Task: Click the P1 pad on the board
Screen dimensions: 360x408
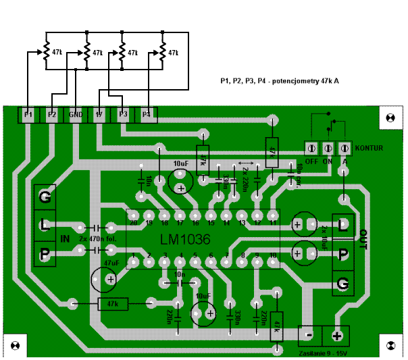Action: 28,115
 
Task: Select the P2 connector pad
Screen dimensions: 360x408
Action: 52,115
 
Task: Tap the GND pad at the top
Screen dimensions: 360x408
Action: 76,115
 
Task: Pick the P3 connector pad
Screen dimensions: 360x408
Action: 123,115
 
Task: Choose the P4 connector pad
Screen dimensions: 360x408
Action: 147,115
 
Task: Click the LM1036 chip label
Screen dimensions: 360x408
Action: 185,240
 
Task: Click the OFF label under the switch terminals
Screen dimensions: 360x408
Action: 311,161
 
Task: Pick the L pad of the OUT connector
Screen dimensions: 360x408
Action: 344,224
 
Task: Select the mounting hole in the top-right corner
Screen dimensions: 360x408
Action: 390,117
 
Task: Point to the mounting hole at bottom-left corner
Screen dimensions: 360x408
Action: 15,347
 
